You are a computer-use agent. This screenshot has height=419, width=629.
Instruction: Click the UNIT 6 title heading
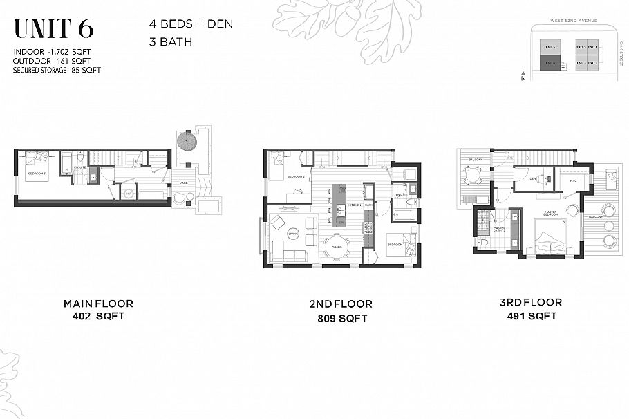pos(54,28)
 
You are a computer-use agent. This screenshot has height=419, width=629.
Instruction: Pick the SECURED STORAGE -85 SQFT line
pos(54,69)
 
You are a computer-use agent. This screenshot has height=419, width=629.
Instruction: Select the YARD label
pos(184,183)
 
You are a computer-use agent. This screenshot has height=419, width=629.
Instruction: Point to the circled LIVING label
pos(293,234)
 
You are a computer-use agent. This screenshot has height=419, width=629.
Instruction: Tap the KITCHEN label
pos(355,205)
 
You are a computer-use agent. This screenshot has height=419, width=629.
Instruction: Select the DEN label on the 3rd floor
pos(534,178)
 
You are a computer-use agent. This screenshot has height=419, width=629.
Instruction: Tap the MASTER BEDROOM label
pos(551,213)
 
